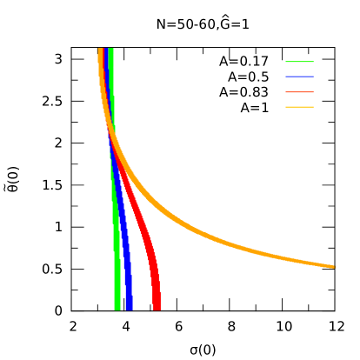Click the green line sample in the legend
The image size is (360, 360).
click(299, 62)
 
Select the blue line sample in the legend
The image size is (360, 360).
click(299, 77)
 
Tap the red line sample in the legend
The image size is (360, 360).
click(299, 91)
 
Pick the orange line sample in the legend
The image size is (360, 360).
click(299, 106)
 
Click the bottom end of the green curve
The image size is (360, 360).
click(117, 308)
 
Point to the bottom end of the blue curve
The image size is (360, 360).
click(129, 308)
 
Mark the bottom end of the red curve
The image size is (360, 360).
click(157, 308)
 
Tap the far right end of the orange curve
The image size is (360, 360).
click(332, 266)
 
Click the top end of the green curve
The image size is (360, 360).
click(110, 50)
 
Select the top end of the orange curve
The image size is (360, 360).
click(101, 50)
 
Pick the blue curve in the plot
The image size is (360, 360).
click(125, 252)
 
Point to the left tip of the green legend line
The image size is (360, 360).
click(286, 62)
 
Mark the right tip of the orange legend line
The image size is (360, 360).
click(313, 106)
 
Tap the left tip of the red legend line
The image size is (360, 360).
click(286, 91)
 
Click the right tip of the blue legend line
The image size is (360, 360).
click(313, 77)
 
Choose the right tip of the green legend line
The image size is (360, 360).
click(313, 62)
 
